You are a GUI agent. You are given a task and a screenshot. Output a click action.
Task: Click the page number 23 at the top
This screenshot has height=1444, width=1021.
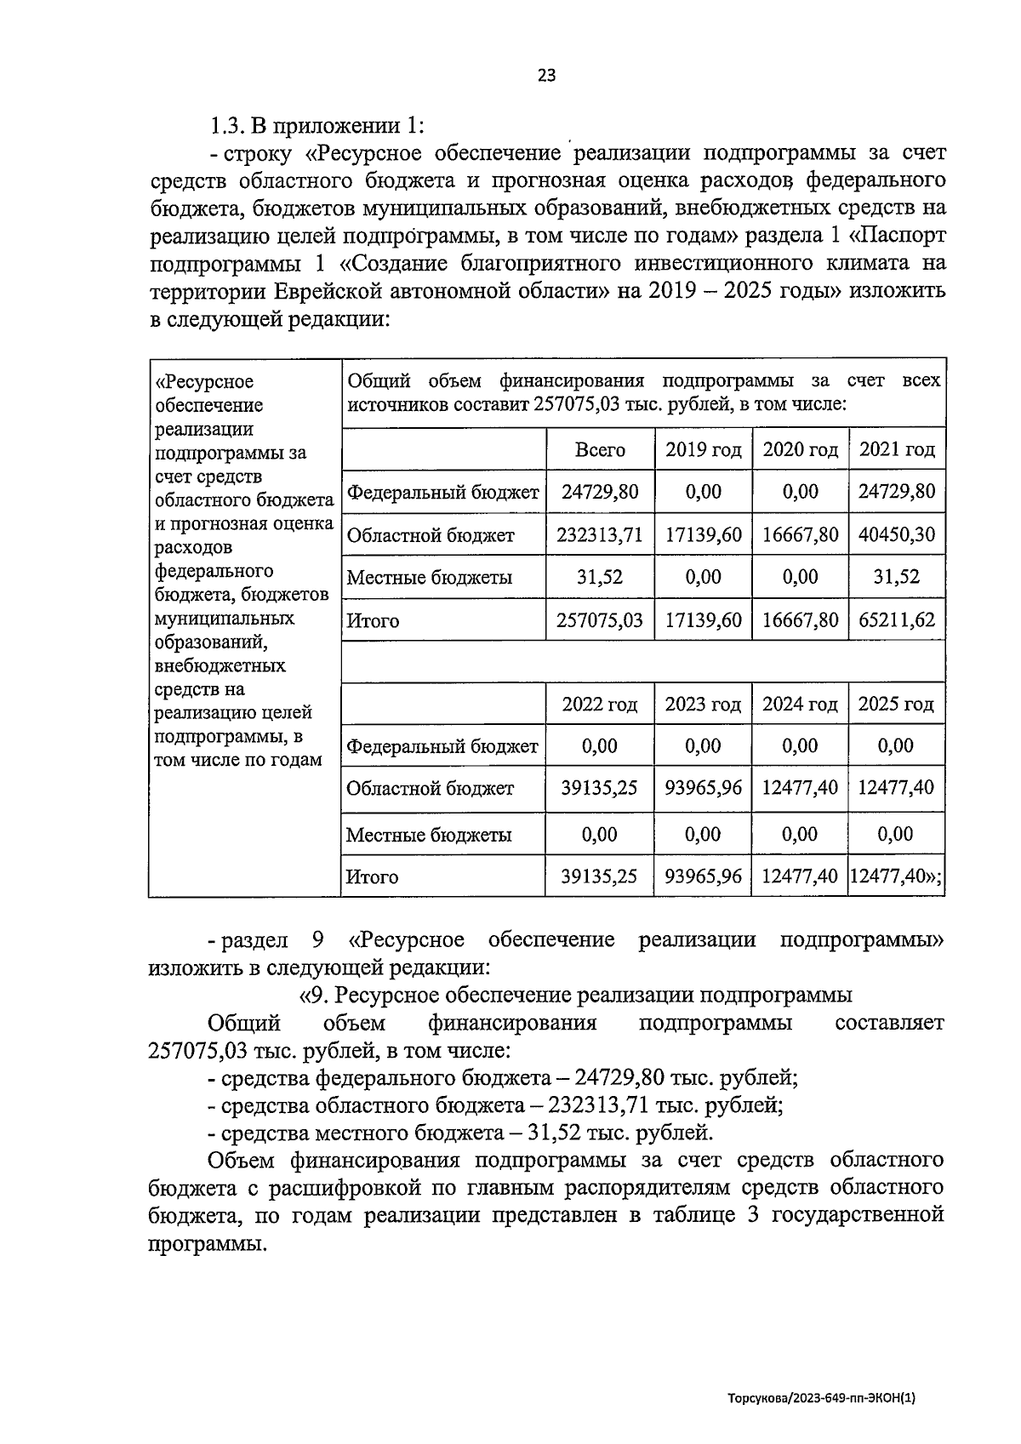[x=546, y=76]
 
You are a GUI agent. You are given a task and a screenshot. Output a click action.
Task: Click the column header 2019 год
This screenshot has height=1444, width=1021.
[x=703, y=449]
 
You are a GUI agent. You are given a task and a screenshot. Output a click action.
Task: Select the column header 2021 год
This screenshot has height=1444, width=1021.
[x=897, y=449]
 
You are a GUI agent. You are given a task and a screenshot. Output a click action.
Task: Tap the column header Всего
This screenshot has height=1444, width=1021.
[x=600, y=449]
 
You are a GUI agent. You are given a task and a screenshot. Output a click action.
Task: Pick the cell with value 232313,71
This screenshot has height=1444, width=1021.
[x=600, y=535]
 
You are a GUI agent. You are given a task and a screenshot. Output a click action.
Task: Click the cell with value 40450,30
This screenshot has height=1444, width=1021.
[x=897, y=535]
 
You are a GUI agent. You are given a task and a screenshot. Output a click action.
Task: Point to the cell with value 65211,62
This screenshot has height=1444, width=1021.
[x=897, y=620]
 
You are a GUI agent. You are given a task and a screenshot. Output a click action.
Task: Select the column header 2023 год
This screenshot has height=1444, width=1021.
[x=703, y=705]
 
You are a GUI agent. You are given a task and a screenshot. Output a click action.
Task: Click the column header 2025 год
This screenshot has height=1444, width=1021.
[x=897, y=705]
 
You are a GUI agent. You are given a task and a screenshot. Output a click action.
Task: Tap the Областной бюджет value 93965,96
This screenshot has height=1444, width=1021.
[x=703, y=788]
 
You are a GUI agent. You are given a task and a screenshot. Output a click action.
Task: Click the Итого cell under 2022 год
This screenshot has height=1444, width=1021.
[x=600, y=876]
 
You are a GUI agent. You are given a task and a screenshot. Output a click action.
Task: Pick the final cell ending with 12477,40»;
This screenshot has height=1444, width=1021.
[x=897, y=876]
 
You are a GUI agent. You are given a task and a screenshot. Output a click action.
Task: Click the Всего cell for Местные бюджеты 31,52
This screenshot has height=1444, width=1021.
[x=600, y=578]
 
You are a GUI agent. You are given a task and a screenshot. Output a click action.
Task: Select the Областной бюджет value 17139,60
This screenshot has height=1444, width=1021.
[x=703, y=535]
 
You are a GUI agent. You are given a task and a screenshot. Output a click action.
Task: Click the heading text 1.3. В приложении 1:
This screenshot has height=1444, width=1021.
[x=317, y=126]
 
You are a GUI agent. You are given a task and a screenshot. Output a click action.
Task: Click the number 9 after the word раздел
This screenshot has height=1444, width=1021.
[x=318, y=940]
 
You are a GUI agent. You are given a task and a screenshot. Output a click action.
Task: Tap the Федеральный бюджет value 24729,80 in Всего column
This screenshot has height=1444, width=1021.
[x=600, y=492]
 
